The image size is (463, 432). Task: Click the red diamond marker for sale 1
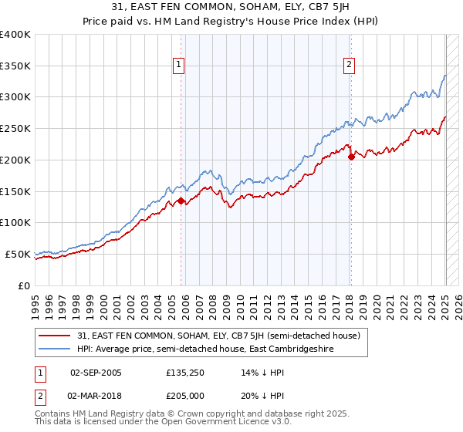(181, 201)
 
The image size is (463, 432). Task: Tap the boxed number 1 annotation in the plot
(178, 65)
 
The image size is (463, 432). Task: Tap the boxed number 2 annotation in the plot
(349, 65)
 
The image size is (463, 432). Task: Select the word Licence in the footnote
(203, 424)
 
